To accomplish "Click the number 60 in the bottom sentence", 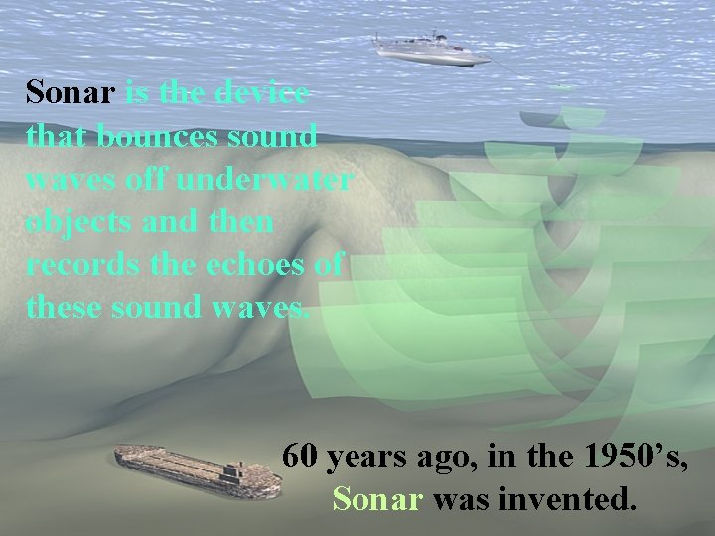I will tap(300, 457).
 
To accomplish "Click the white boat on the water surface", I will tap(431, 47).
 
